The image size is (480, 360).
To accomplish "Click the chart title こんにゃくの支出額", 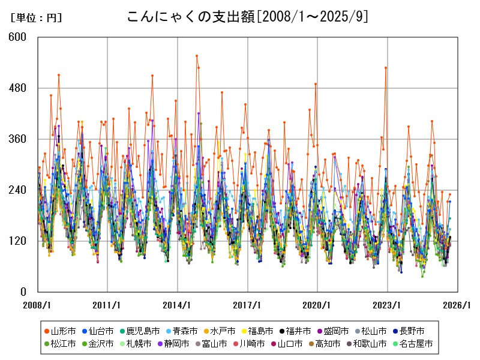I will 247,17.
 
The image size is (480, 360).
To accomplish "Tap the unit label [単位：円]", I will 36,18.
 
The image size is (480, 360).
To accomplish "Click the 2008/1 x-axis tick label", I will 38,305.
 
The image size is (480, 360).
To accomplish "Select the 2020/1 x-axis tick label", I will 318,305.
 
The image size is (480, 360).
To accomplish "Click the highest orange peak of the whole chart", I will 196,56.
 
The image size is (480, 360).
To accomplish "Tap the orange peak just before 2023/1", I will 386,68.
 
